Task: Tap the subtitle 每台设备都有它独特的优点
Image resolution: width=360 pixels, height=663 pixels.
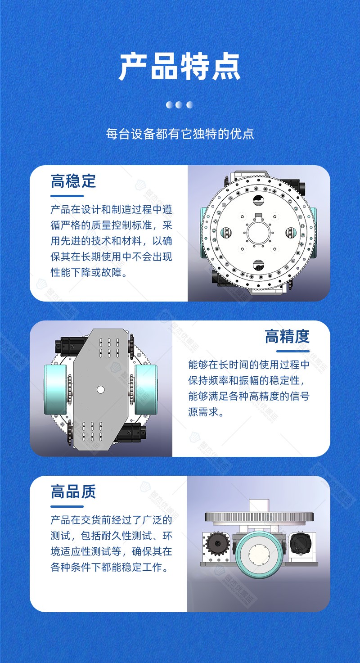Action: (x=180, y=134)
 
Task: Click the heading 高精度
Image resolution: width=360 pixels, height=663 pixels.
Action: (x=287, y=336)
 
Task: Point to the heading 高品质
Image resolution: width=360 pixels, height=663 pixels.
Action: (x=73, y=492)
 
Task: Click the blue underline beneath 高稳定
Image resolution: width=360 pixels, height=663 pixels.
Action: (x=67, y=196)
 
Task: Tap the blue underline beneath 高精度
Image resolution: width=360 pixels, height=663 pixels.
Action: (x=292, y=351)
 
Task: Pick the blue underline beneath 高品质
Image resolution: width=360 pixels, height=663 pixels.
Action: (x=67, y=506)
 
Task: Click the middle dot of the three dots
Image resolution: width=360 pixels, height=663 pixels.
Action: (x=179, y=105)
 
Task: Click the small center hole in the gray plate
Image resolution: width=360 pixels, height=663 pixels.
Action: (x=101, y=389)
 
